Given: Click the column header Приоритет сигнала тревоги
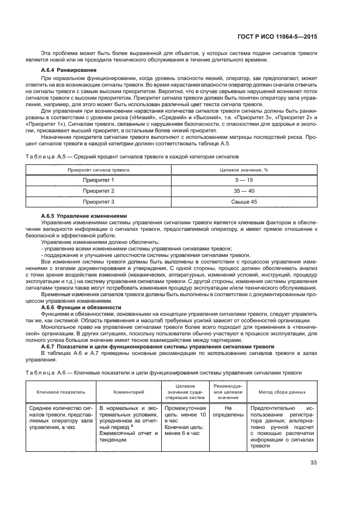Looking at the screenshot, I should pyautogui.click(x=98, y=169).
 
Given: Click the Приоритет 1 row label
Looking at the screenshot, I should pyautogui.click(x=98, y=180).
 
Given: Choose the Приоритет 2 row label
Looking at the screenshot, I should pyautogui.click(x=98, y=191).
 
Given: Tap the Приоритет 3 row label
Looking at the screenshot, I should pyautogui.click(x=98, y=202).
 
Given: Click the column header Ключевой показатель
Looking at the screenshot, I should pyautogui.click(x=53, y=391).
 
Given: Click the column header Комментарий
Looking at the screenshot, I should pyautogui.click(x=128, y=391).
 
